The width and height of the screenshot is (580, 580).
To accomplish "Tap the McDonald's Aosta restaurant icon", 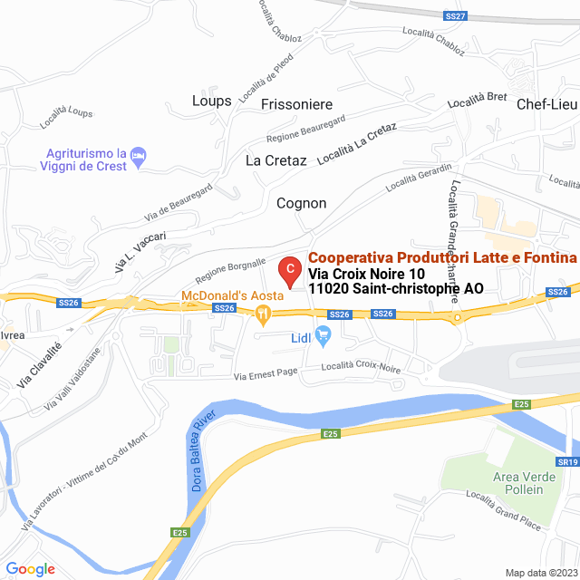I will pos(264,315).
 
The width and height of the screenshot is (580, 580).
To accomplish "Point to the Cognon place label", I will pos(301,203).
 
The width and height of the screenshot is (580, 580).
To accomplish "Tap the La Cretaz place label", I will pos(276,160).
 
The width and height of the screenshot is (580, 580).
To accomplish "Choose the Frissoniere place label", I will pos(296,104).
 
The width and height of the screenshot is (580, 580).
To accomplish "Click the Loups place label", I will pos(212,101).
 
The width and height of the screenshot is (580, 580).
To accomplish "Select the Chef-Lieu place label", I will pos(547,104).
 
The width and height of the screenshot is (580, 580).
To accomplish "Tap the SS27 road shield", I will pos(455,16).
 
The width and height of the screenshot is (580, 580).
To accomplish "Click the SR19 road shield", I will pos(567,462).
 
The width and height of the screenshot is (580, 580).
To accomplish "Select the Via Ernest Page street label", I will pos(266,373).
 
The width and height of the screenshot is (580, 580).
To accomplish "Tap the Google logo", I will pos(30,569).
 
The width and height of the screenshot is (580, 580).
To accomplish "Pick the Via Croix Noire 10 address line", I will pos(366,274).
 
